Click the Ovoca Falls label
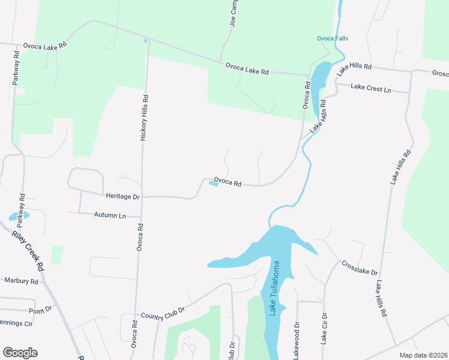pyautogui.click(x=333, y=39)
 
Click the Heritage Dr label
pyautogui.click(x=122, y=196)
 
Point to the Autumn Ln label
pyautogui.click(x=110, y=215)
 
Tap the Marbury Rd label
pyautogui.click(x=21, y=280)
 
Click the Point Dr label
pyautogui.click(x=41, y=311)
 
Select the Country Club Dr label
pyautogui.click(x=162, y=314)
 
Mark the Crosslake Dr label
pyautogui.click(x=360, y=268)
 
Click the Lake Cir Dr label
pyautogui.click(x=324, y=328)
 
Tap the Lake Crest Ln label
pyautogui.click(x=371, y=88)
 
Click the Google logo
pyautogui.click(x=20, y=353)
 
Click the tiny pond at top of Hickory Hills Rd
pyautogui.click(x=145, y=41)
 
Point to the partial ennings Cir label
pyautogui.click(x=16, y=324)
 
